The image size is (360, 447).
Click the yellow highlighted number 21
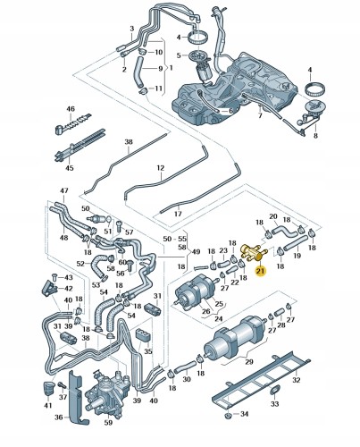pyautogui.click(x=261, y=271)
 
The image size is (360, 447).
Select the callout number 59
pyautogui.click(x=108, y=422)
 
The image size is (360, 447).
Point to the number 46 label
pyautogui.click(x=71, y=109)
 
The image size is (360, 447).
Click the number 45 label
pyautogui.click(x=70, y=168)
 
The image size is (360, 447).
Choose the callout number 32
pyautogui.click(x=297, y=380)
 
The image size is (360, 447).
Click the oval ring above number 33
pyautogui.click(x=274, y=392)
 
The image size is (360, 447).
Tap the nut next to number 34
pyautogui.click(x=229, y=415)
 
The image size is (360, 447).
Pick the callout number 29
pyautogui.click(x=249, y=361)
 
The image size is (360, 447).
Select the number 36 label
pyautogui.click(x=59, y=417)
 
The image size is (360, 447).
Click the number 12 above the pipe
pyautogui.click(x=161, y=168)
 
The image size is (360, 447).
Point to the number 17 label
pyautogui.click(x=178, y=214)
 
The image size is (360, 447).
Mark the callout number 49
pyautogui.click(x=196, y=252)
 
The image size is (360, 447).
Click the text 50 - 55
pyautogui.click(x=175, y=239)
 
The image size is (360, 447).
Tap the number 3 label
pyautogui.click(x=132, y=29)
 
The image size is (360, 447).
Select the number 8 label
pyautogui.click(x=315, y=136)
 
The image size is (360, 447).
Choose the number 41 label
pyautogui.click(x=48, y=405)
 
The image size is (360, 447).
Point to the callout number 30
pyautogui.click(x=187, y=379)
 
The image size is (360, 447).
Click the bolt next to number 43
pyautogui.click(x=54, y=276)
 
